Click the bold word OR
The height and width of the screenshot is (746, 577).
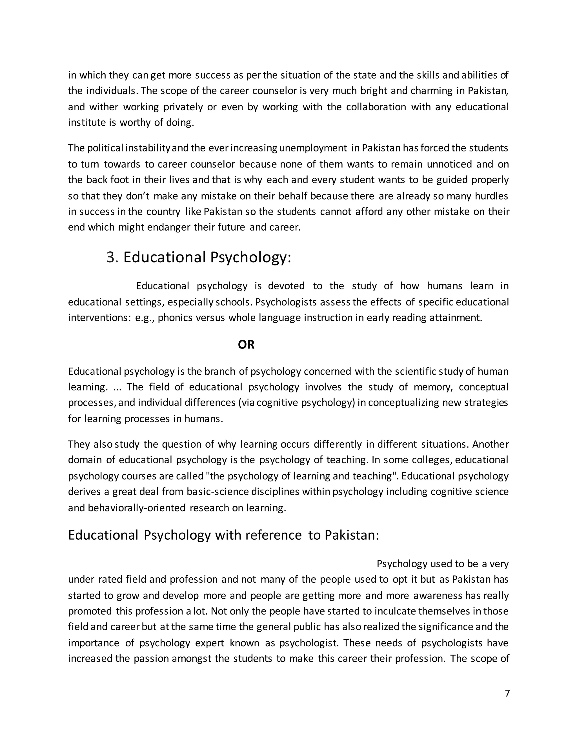point(246,345)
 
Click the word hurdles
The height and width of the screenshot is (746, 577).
point(491,196)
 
